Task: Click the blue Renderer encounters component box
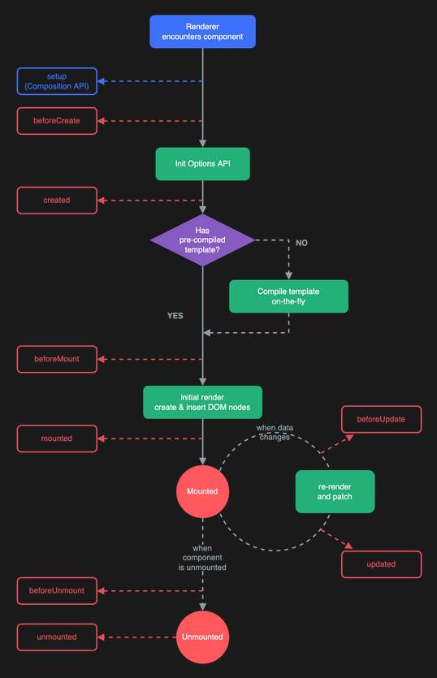click(202, 32)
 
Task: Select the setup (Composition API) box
click(57, 81)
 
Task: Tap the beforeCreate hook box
click(57, 121)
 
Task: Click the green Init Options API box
click(202, 164)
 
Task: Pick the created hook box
click(57, 201)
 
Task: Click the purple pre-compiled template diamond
click(202, 240)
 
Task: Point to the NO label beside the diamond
click(301, 243)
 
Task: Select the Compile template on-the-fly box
click(288, 296)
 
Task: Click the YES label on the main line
click(175, 316)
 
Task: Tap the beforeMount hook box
click(57, 359)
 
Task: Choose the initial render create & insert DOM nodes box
click(202, 402)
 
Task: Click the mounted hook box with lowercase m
click(57, 438)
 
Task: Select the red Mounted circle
click(202, 491)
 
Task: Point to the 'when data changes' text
click(275, 433)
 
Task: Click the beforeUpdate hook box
click(381, 419)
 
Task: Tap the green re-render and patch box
click(335, 491)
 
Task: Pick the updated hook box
click(381, 564)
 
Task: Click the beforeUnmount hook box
click(57, 590)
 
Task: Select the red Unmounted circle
click(202, 637)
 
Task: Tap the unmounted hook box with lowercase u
click(57, 637)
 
